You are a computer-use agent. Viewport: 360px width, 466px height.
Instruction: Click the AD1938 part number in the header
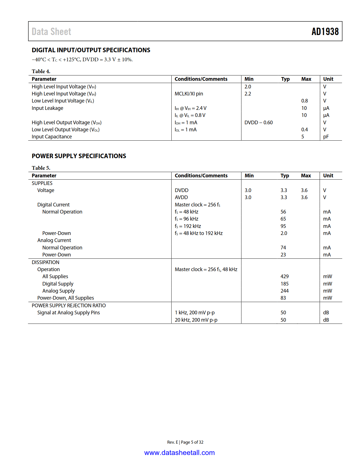(x=325, y=32)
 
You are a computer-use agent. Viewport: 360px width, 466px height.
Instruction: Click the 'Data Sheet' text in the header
(x=51, y=32)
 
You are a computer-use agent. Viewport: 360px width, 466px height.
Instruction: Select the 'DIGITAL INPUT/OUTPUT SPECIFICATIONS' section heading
(x=91, y=50)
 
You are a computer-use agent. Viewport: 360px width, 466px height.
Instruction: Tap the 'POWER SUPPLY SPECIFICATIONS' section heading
(x=79, y=156)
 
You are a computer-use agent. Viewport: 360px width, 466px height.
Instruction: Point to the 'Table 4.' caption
(x=41, y=71)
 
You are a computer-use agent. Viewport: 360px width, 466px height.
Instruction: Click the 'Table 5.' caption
(x=41, y=168)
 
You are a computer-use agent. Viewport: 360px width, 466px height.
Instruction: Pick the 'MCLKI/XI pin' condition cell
(x=189, y=94)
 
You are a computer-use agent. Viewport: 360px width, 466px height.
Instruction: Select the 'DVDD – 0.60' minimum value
(x=258, y=123)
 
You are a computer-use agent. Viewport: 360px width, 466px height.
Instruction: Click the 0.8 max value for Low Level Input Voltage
(x=304, y=101)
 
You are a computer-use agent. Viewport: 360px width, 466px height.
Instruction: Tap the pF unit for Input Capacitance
(x=326, y=137)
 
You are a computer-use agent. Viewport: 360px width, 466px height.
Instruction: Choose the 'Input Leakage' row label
(x=47, y=108)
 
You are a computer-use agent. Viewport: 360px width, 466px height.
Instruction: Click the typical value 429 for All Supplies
(x=284, y=276)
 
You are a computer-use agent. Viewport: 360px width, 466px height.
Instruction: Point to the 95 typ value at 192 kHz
(x=283, y=226)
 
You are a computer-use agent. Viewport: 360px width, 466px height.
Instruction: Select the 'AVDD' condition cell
(x=181, y=197)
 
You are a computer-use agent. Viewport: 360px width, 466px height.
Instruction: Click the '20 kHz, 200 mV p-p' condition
(x=196, y=320)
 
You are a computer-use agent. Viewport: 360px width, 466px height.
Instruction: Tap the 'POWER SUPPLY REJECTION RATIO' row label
(x=69, y=306)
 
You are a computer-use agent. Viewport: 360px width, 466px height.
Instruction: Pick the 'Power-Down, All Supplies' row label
(x=66, y=298)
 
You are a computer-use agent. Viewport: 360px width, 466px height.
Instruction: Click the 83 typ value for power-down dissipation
(x=283, y=298)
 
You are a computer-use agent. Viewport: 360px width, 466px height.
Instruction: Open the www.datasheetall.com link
(x=179, y=453)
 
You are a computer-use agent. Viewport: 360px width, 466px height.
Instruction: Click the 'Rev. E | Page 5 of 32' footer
(x=185, y=442)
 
